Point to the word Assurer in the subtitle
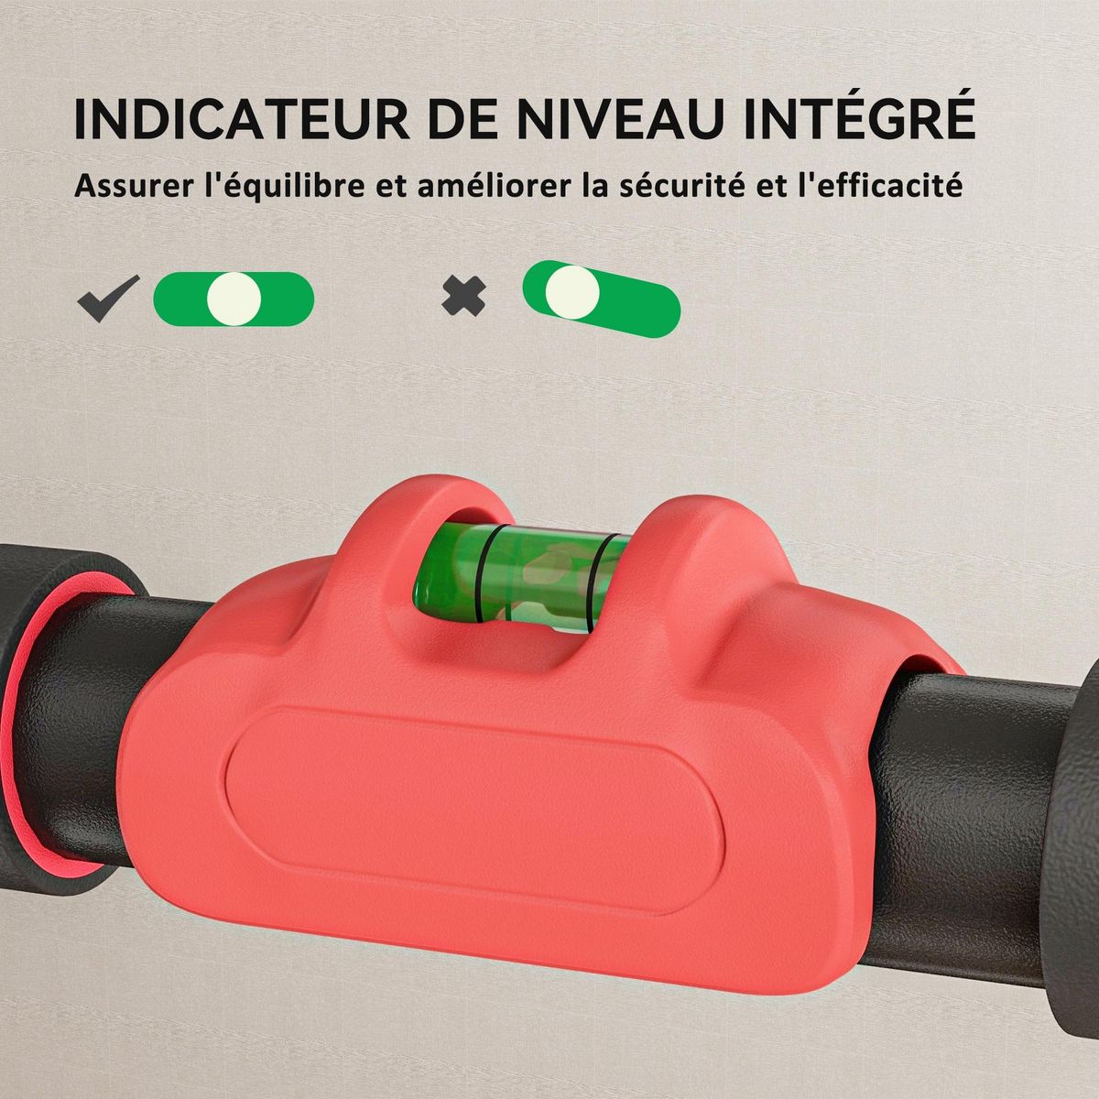tap(132, 187)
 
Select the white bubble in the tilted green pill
tap(573, 292)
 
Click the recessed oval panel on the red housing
tap(476, 788)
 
